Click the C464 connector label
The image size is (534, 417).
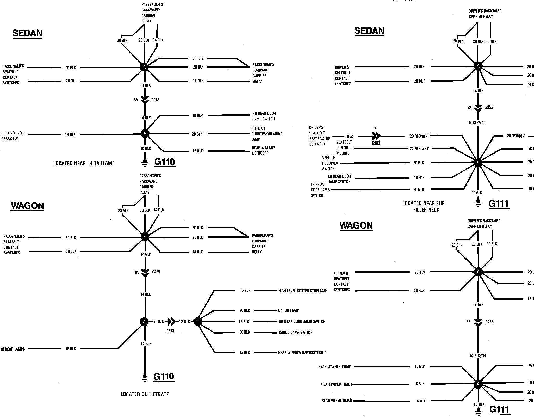click(376, 142)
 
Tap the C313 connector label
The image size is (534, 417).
click(170, 331)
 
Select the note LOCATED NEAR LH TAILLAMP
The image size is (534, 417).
click(84, 164)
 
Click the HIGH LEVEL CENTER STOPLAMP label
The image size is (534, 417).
click(302, 291)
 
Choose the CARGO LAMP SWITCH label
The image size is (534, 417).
click(295, 332)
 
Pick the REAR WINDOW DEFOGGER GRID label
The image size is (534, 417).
click(302, 353)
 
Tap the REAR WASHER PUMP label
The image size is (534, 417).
click(334, 367)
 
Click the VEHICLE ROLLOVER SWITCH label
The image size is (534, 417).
click(330, 163)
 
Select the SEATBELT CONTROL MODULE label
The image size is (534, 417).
click(344, 148)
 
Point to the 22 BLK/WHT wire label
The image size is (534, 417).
click(419, 149)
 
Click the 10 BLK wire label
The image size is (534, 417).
click(146, 148)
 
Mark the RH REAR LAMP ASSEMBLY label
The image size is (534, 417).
click(13, 136)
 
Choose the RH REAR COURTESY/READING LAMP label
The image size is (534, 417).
click(266, 134)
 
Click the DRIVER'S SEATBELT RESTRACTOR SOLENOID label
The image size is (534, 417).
click(320, 136)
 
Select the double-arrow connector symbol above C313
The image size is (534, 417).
click(171, 322)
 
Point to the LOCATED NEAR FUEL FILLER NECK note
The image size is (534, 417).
click(425, 206)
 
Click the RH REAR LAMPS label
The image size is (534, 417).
click(12, 349)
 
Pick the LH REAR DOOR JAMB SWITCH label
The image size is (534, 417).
click(339, 179)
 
